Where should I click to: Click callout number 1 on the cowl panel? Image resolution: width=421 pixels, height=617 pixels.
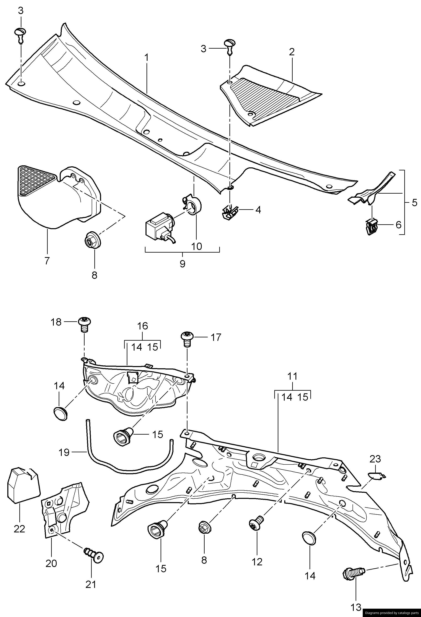146,58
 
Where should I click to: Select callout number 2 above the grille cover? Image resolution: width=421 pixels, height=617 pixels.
292,52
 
